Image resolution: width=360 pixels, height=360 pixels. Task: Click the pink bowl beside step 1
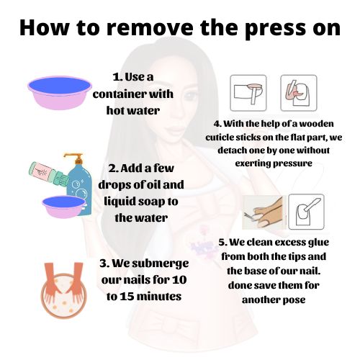(60, 93)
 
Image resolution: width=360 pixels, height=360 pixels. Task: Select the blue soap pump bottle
(78, 184)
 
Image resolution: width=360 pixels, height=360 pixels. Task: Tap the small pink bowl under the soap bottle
(63, 207)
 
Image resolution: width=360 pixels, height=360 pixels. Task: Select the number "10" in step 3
(179, 280)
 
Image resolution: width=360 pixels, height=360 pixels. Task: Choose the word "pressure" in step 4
(292, 164)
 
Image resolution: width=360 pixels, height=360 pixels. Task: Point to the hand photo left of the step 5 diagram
(264, 212)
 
